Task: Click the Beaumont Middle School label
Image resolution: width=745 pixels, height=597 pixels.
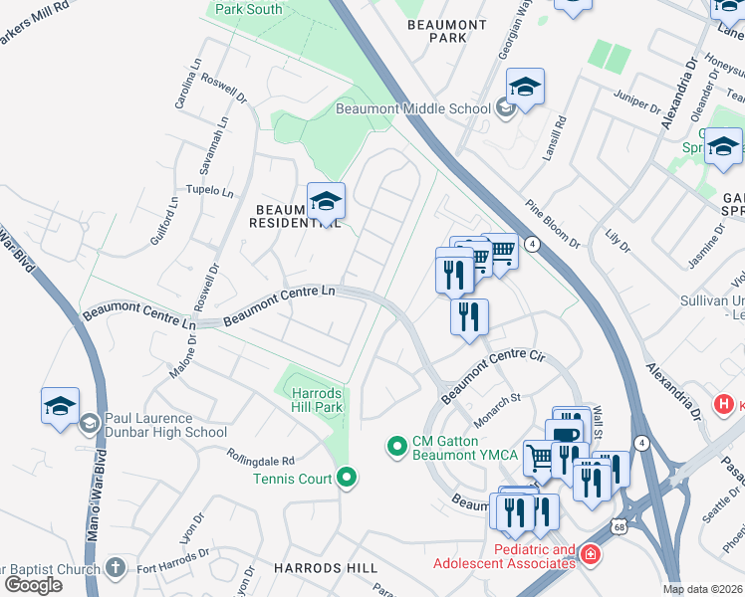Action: (412, 108)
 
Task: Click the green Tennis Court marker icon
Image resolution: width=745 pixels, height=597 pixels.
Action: (347, 479)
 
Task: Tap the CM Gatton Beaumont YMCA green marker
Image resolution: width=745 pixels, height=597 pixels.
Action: (397, 448)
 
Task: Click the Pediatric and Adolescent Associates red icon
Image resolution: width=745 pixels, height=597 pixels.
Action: (591, 553)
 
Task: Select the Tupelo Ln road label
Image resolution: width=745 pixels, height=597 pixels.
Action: (208, 191)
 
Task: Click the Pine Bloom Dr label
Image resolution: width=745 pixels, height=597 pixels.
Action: (553, 228)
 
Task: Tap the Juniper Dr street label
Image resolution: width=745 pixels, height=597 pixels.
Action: (638, 102)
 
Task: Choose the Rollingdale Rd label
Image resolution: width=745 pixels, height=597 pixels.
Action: (260, 460)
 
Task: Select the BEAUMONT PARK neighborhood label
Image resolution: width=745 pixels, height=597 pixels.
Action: (447, 30)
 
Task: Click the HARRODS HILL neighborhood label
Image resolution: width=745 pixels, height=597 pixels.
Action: (326, 567)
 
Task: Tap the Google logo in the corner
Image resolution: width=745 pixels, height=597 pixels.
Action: (33, 584)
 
